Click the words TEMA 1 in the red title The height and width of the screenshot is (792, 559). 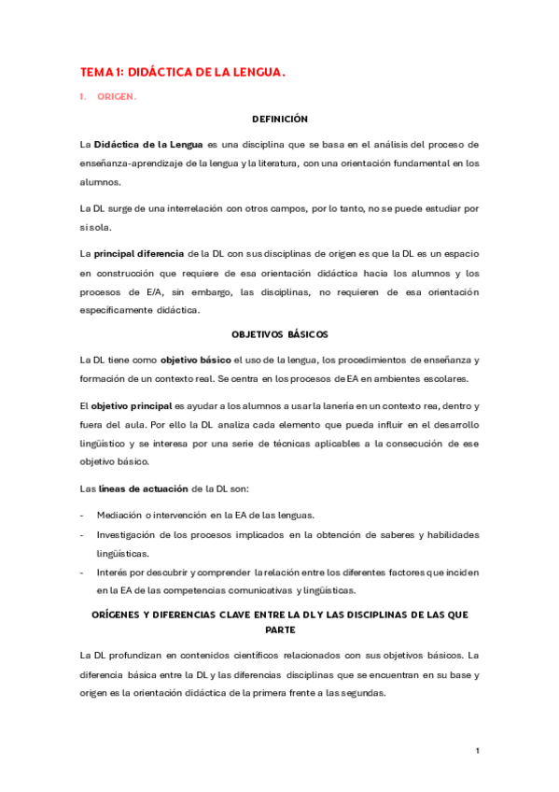(100, 71)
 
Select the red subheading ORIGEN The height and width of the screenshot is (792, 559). (117, 96)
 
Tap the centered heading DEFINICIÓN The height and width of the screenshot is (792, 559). (280, 120)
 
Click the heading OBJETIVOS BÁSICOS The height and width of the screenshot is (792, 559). (279, 334)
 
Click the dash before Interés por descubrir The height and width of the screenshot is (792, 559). (83, 572)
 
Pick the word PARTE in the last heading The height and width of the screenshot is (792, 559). (279, 629)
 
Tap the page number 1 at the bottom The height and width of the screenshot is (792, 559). (477, 750)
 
